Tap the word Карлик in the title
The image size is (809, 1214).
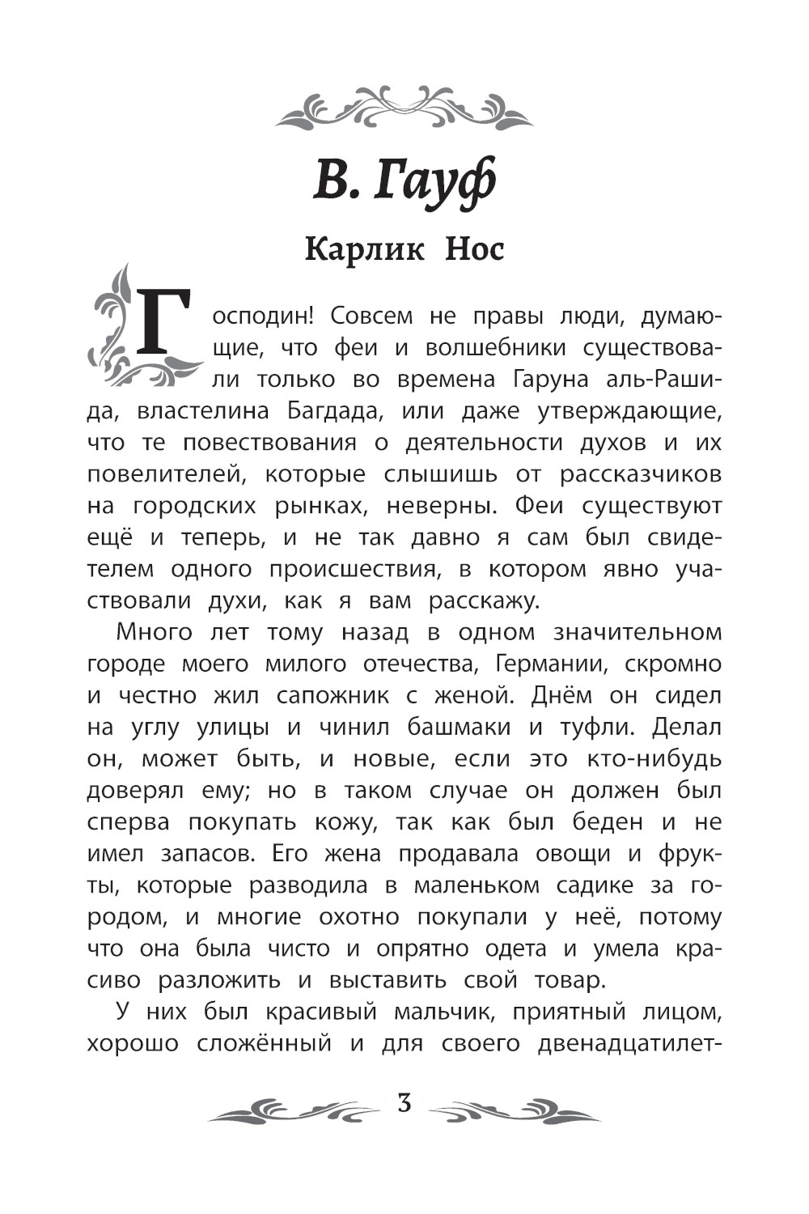coord(364,248)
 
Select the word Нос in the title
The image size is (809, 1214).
coord(474,248)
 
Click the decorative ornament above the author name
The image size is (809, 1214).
coord(404,108)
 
